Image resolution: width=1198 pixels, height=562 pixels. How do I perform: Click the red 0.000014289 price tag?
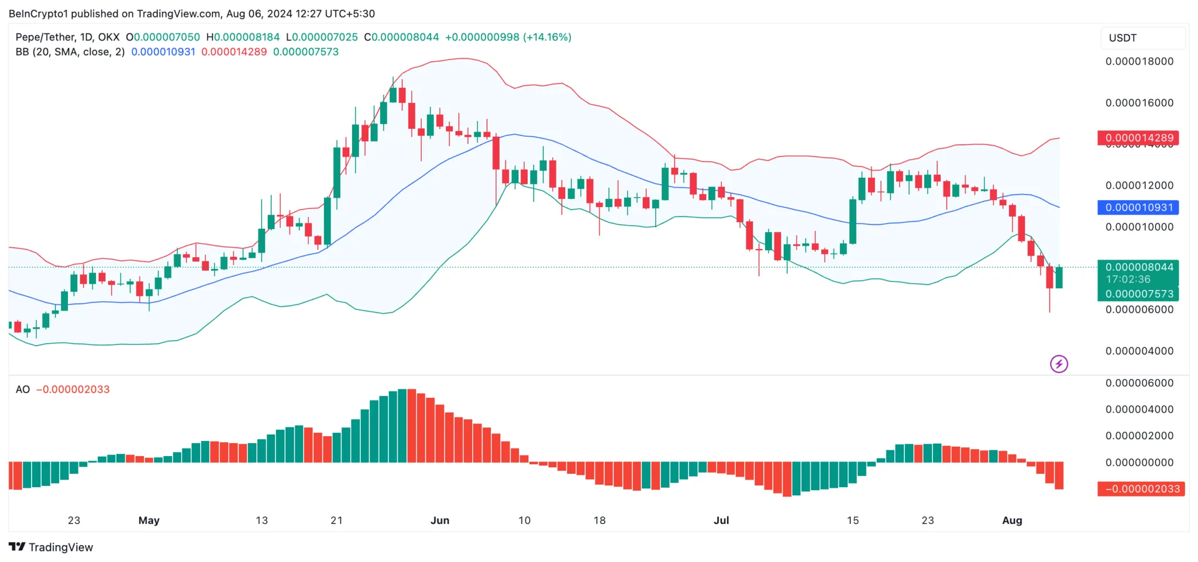(x=1138, y=138)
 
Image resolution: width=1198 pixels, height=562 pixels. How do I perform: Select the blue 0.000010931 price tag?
(x=1138, y=208)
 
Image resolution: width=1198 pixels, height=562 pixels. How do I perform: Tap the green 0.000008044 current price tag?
(x=1138, y=267)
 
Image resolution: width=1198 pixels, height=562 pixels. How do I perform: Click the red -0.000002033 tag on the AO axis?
(x=1141, y=489)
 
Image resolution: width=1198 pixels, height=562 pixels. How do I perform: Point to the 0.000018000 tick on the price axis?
(x=1139, y=61)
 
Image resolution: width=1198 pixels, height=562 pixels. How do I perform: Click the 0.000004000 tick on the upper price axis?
(x=1139, y=351)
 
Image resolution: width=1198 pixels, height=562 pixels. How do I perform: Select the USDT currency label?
(x=1123, y=38)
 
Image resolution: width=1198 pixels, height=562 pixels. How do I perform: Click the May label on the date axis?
(x=149, y=520)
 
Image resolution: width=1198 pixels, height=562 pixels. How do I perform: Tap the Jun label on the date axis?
(x=440, y=520)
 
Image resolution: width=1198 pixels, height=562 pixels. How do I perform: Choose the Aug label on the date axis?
(x=1012, y=520)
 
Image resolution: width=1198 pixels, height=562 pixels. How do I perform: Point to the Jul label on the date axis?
(x=721, y=520)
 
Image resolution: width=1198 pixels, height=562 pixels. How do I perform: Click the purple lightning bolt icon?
(x=1059, y=364)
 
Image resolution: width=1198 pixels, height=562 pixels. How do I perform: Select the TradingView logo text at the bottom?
(x=60, y=547)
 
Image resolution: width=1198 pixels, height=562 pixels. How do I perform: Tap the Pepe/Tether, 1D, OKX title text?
(x=67, y=37)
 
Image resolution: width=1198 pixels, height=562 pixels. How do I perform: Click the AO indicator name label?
(x=23, y=389)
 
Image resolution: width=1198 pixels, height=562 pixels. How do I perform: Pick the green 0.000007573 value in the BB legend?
(x=306, y=52)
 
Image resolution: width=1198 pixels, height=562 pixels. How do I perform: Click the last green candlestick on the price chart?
(x=1059, y=277)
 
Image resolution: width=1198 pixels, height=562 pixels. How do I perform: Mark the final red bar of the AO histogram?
(x=1059, y=475)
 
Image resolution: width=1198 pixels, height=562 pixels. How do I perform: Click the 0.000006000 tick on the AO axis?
(x=1139, y=384)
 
